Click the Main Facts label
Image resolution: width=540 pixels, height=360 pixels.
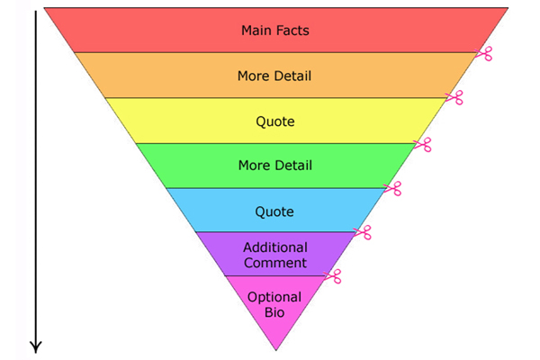(274, 31)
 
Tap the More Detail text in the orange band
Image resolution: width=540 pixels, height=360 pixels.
(274, 76)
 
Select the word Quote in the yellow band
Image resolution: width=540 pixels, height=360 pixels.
(274, 121)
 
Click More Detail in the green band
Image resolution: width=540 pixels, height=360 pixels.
(274, 166)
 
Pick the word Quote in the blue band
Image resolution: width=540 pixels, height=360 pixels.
(274, 211)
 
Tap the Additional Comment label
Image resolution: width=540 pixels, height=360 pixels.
(274, 255)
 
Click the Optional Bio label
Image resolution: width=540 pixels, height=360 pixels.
(274, 304)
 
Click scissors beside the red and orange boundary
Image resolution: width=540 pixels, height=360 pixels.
(484, 53)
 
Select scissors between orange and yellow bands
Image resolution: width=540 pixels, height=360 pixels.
(454, 97)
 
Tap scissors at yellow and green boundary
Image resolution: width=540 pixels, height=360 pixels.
(423, 143)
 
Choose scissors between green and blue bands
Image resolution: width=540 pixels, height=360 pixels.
(392, 188)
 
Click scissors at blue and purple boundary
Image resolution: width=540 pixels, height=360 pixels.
(363, 232)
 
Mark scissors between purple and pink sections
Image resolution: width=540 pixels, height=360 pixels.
(333, 276)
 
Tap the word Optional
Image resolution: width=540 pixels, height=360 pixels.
(274, 297)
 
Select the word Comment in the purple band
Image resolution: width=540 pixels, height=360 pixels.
(274, 263)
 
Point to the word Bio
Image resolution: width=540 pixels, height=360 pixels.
(274, 312)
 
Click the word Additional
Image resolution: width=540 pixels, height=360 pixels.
(274, 247)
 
